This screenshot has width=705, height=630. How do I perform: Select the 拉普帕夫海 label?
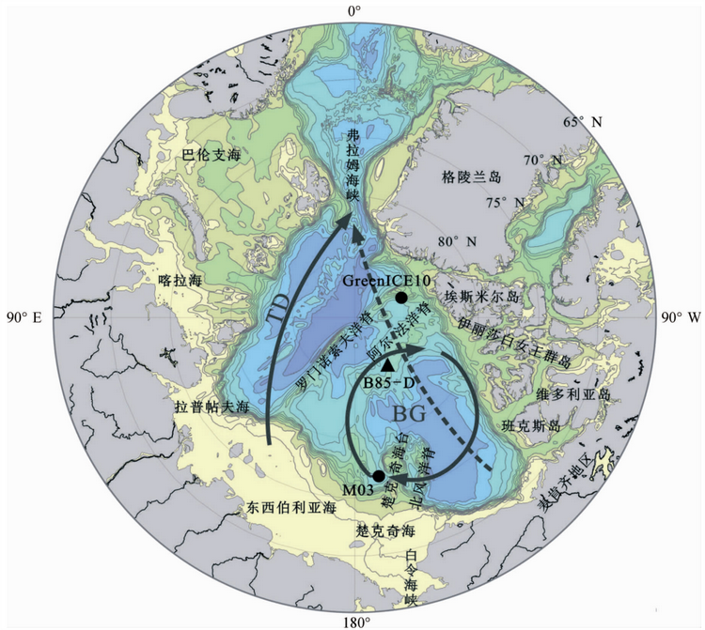tap(211, 408)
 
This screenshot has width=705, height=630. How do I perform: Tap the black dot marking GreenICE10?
tap(401, 298)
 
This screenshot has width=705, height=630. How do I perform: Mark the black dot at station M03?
tap(379, 475)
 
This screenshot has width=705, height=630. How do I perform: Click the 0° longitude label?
tap(354, 11)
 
